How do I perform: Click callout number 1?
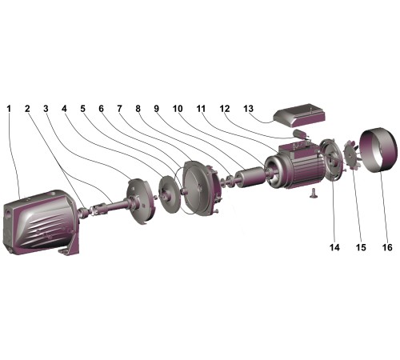coord(10,109)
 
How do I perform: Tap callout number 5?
coord(83,109)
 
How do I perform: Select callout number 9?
coord(157,109)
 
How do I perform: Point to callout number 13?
coord(248,109)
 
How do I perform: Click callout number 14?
coord(334,247)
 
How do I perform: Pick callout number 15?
coord(361,247)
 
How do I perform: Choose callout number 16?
coord(387,247)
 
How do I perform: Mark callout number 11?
coord(202,109)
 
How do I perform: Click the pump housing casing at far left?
coord(40,222)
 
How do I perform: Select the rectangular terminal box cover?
coord(299,114)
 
